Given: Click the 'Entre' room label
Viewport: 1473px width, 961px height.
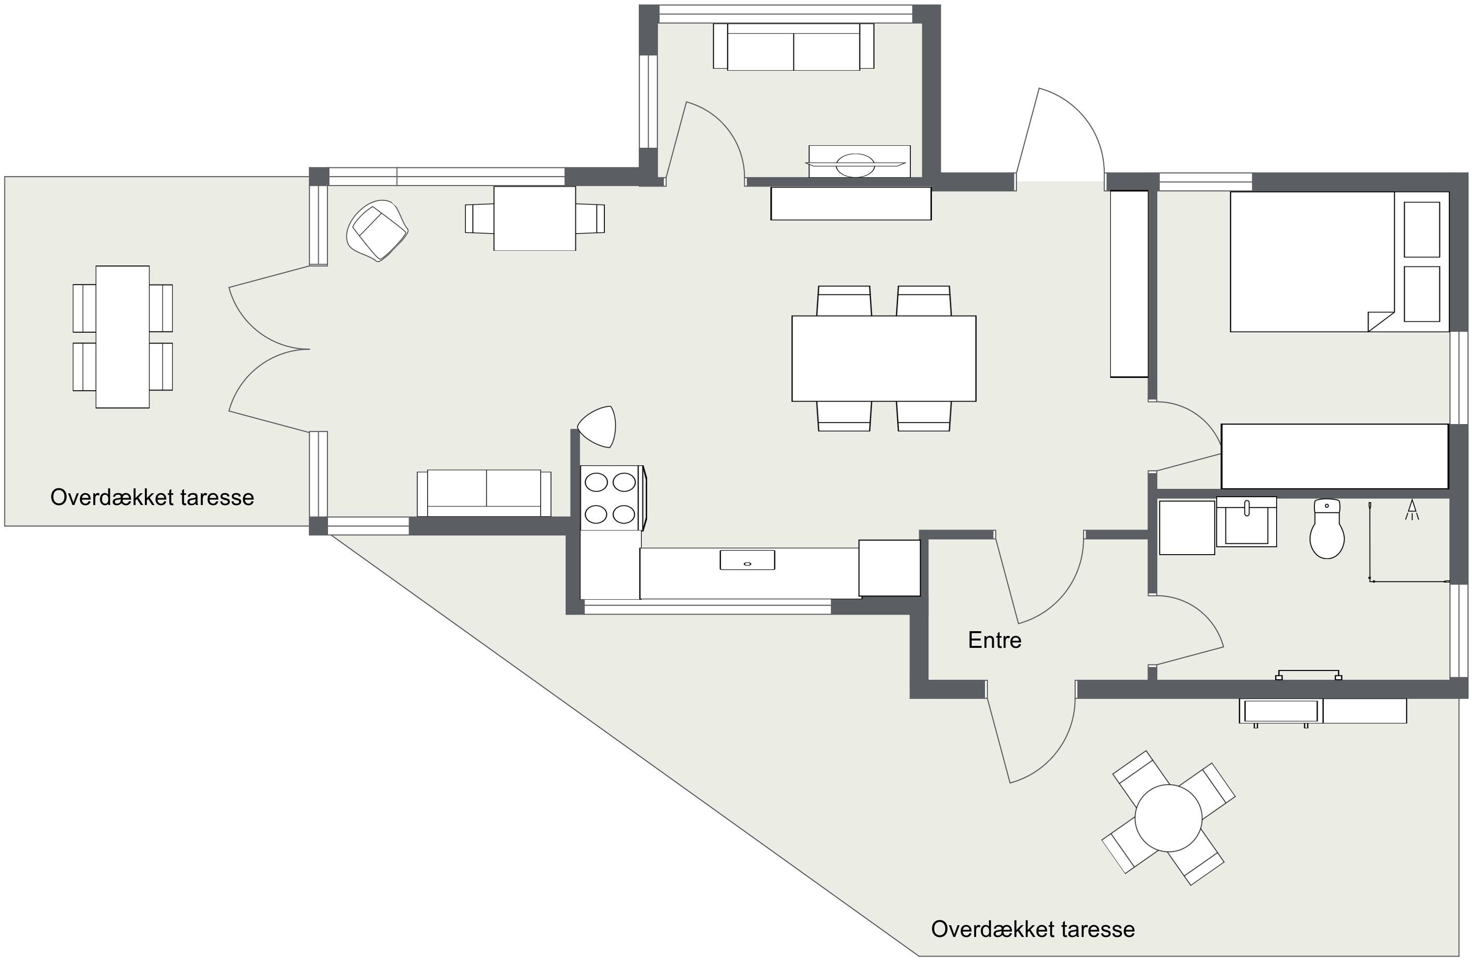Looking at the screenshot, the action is click(995, 641).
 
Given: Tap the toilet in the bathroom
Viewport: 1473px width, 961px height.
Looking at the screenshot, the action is click(1327, 529).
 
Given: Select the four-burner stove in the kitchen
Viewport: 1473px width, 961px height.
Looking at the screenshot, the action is click(613, 498).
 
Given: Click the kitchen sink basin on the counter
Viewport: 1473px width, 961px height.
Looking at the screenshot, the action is click(747, 560).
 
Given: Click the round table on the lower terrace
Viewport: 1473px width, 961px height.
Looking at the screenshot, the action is click(1169, 818).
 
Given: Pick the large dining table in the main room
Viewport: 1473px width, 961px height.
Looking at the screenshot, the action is click(884, 358).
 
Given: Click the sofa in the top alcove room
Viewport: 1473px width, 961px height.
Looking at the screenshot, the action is click(793, 47).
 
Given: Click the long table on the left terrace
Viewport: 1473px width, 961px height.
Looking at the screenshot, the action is click(123, 337).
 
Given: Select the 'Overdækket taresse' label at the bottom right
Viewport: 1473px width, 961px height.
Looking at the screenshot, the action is click(1033, 929).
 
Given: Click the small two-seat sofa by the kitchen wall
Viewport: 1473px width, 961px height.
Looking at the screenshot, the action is click(484, 493).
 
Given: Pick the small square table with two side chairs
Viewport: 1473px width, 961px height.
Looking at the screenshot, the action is click(535, 218).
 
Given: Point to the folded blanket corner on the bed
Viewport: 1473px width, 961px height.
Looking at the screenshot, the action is click(1380, 321).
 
